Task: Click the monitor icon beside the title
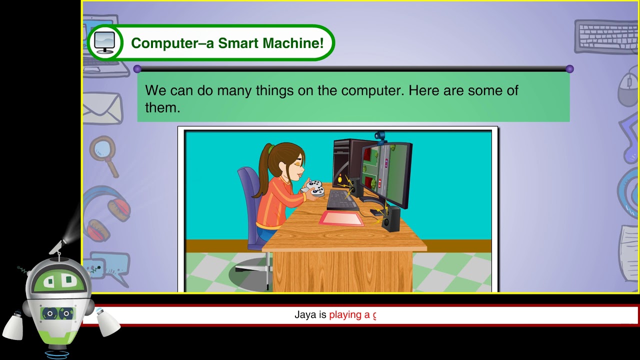click(x=104, y=42)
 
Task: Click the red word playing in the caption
click(x=345, y=315)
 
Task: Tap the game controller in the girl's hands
click(x=314, y=188)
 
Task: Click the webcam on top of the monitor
click(x=380, y=136)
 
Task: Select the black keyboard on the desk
click(x=341, y=199)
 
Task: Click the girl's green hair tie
click(x=270, y=148)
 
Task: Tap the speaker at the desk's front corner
click(x=391, y=220)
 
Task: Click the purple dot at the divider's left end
click(x=137, y=69)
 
